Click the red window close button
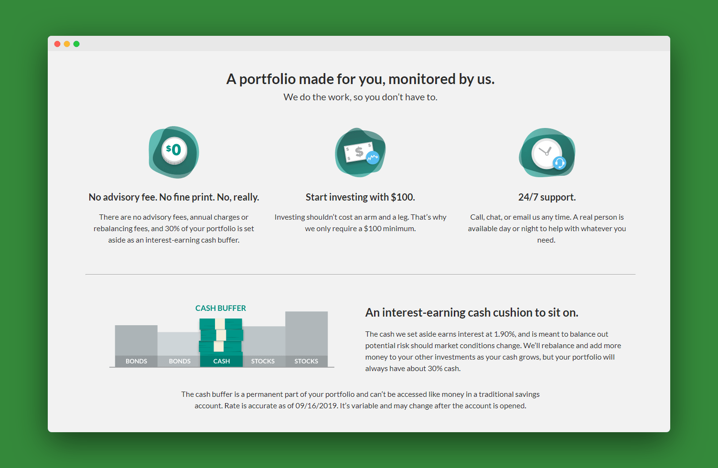tap(57, 44)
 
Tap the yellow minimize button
tap(67, 44)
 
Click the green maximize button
tap(76, 44)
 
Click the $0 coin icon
tap(174, 150)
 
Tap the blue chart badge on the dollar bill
tap(373, 158)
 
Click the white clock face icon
tap(546, 153)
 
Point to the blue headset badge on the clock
tap(559, 163)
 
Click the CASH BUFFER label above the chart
tap(221, 308)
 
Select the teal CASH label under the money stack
tap(222, 361)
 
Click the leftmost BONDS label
tap(136, 361)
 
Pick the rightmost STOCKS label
tap(306, 361)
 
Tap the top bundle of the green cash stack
tap(221, 324)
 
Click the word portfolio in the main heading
tap(268, 79)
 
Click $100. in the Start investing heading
tap(403, 197)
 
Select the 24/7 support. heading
tap(547, 197)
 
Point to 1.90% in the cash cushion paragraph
tap(504, 334)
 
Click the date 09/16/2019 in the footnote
tap(316, 406)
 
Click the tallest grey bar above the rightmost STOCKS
tap(306, 333)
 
